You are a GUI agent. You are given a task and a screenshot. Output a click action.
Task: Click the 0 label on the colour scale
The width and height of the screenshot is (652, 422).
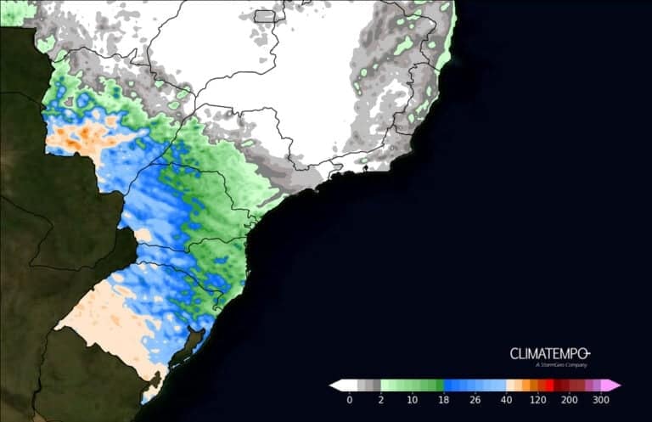pyautogui.click(x=350, y=399)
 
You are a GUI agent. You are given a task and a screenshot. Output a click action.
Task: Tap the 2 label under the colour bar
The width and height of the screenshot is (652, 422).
pyautogui.click(x=381, y=399)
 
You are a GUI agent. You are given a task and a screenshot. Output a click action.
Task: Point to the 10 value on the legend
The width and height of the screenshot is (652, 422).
pyautogui.click(x=412, y=399)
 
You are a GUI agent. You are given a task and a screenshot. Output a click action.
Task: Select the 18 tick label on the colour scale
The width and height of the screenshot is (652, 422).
pyautogui.click(x=443, y=399)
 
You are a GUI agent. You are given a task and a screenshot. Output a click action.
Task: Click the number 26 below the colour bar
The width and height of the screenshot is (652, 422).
pyautogui.click(x=475, y=399)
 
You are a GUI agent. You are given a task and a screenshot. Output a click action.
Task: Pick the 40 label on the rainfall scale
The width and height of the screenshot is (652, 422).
pyautogui.click(x=506, y=399)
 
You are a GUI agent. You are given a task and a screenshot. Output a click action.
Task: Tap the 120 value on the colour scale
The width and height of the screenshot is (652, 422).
pyautogui.click(x=537, y=399)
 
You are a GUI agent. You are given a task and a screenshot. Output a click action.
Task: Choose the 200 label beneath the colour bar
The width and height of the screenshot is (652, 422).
pyautogui.click(x=569, y=399)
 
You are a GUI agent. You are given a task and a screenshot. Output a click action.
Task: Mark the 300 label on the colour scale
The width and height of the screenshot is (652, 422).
pyautogui.click(x=600, y=399)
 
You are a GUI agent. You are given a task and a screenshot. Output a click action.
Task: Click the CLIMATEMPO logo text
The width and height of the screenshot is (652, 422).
pyautogui.click(x=549, y=353)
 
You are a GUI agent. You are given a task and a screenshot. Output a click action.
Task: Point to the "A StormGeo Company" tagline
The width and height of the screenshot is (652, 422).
pyautogui.click(x=561, y=365)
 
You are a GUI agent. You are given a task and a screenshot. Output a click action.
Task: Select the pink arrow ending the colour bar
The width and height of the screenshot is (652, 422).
pyautogui.click(x=613, y=385)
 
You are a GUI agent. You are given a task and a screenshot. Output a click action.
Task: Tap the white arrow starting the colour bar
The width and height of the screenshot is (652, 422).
pyautogui.click(x=337, y=385)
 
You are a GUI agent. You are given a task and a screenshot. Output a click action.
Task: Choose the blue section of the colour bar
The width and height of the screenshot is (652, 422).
pyautogui.click(x=475, y=385)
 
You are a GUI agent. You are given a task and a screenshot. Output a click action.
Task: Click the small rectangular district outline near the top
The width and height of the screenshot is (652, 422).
pyautogui.click(x=265, y=15)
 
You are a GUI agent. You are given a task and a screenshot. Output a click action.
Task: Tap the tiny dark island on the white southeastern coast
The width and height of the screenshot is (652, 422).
pyautogui.click(x=365, y=168)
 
